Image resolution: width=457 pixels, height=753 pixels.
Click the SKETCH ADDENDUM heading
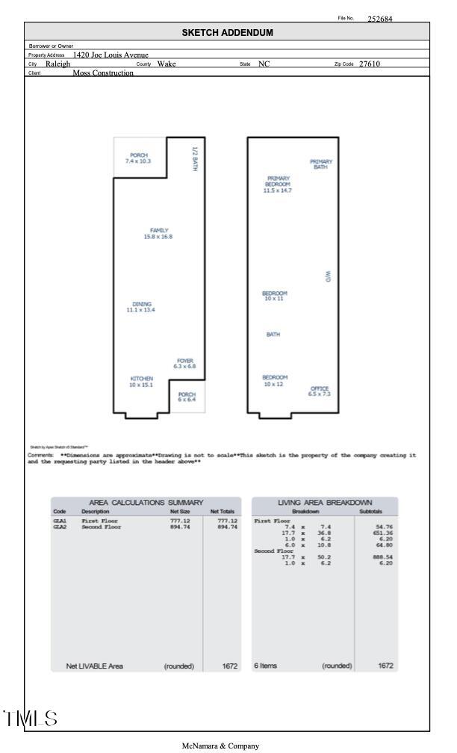coord(228,33)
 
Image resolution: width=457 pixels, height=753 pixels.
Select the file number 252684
coord(380,19)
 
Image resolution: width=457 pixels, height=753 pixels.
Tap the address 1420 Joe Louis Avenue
coord(111,55)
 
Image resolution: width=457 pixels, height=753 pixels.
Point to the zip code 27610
coord(370,64)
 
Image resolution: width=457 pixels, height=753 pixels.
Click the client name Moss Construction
coord(103,73)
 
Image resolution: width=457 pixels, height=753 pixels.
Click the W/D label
coord(327,276)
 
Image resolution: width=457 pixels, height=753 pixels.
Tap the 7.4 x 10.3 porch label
coord(138,158)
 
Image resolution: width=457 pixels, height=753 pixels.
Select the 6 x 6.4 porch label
coord(187,397)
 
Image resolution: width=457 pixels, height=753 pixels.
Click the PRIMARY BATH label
coord(321,164)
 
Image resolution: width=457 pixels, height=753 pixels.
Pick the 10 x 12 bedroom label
coord(275,381)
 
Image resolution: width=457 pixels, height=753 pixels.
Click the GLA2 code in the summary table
coord(60,527)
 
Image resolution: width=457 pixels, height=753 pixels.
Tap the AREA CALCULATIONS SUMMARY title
coord(146,503)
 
